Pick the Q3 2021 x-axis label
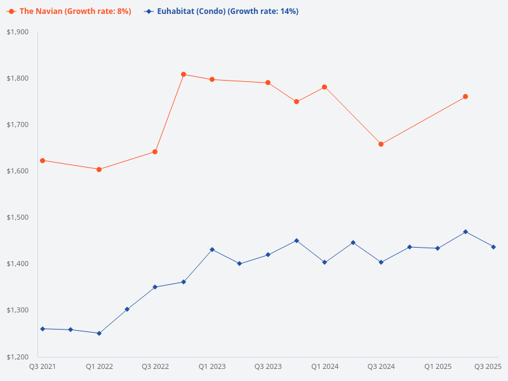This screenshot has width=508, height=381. click(x=43, y=366)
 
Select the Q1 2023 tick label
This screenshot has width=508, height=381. click(x=211, y=366)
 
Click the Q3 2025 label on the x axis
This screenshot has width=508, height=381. click(x=488, y=366)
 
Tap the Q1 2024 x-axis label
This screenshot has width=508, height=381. click(x=324, y=366)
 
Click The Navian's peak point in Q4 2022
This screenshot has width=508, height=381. click(x=184, y=74)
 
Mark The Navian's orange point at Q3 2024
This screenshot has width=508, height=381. click(x=381, y=144)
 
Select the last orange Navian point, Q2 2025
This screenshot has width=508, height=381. click(x=465, y=97)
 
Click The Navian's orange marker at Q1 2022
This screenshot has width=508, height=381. click(x=99, y=170)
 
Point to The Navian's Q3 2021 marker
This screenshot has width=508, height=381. click(x=43, y=161)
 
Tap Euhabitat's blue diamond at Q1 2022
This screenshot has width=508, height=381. click(x=99, y=333)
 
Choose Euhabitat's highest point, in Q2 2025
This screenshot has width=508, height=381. click(x=465, y=232)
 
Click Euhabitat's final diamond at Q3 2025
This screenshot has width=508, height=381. click(x=493, y=247)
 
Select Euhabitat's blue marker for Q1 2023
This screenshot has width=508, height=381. click(x=211, y=250)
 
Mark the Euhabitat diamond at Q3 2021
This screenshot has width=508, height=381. click(x=43, y=328)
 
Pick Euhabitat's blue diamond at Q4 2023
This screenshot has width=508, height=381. click(x=297, y=241)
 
